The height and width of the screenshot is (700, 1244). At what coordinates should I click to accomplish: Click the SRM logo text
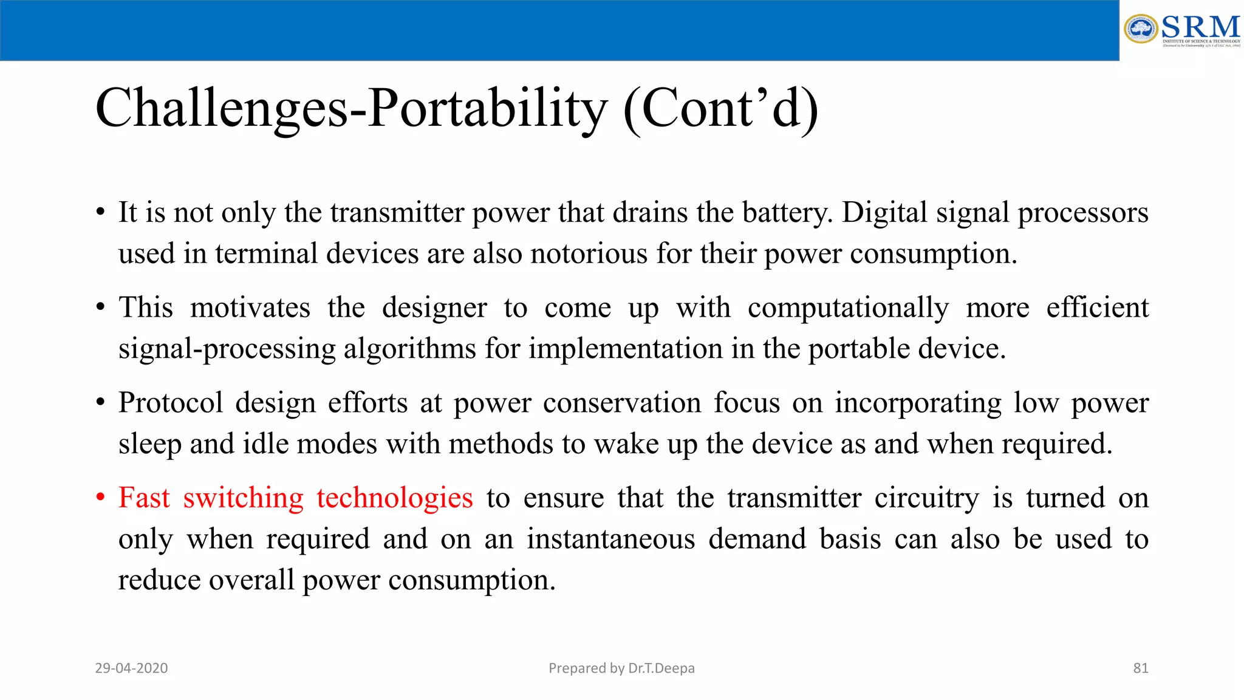click(x=1200, y=27)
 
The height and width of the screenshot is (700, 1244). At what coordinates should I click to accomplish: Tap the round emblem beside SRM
click(x=1141, y=29)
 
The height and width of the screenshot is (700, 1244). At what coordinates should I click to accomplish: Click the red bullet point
click(x=101, y=498)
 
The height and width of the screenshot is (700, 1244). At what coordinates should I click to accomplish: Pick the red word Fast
click(x=144, y=498)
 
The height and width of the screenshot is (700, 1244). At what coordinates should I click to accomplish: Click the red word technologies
click(x=394, y=499)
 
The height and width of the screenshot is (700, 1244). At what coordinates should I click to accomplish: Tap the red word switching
click(x=243, y=499)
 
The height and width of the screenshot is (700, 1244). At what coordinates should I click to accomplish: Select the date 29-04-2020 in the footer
click(x=131, y=668)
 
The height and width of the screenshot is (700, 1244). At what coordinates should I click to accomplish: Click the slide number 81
click(x=1140, y=668)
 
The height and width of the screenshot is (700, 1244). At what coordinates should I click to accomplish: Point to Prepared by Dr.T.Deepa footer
click(x=621, y=668)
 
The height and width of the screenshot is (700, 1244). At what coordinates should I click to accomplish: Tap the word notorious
click(x=589, y=253)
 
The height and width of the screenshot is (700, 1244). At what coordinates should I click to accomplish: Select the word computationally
click(x=848, y=308)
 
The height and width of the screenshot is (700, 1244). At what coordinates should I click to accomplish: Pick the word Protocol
click(x=171, y=403)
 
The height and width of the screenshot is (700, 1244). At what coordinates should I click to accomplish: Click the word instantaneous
click(x=610, y=539)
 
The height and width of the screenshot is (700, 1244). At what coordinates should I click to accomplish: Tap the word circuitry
click(x=926, y=499)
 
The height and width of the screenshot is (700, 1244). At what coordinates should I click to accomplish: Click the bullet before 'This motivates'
click(x=101, y=307)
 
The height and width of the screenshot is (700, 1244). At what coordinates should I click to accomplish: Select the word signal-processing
click(x=227, y=349)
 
